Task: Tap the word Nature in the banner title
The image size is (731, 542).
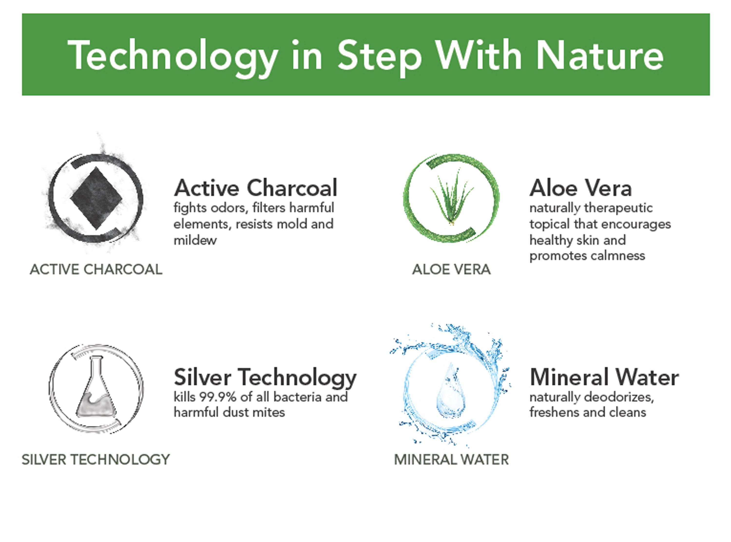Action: coord(600,54)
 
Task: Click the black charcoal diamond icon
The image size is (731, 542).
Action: coord(96,198)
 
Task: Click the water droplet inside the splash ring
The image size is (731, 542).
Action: coord(451,391)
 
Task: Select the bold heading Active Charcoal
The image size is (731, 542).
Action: coord(255,188)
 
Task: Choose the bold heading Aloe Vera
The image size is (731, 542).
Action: coord(580,188)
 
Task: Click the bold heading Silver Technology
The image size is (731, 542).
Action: coord(265,378)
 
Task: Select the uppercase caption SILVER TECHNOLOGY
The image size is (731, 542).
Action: coord(96,460)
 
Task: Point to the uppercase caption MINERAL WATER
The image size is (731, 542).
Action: coord(451,460)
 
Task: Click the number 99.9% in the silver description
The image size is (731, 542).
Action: coord(218,397)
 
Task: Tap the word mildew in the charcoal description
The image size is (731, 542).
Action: coord(195,240)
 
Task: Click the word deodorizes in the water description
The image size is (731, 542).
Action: coord(619,397)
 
